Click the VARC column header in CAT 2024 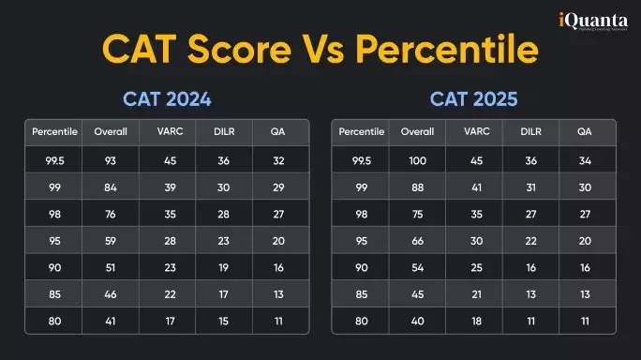[169, 132]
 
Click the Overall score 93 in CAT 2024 [112, 160]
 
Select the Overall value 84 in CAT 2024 [112, 187]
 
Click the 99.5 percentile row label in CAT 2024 [55, 160]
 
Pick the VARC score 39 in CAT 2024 [169, 187]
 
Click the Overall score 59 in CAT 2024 [112, 241]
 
